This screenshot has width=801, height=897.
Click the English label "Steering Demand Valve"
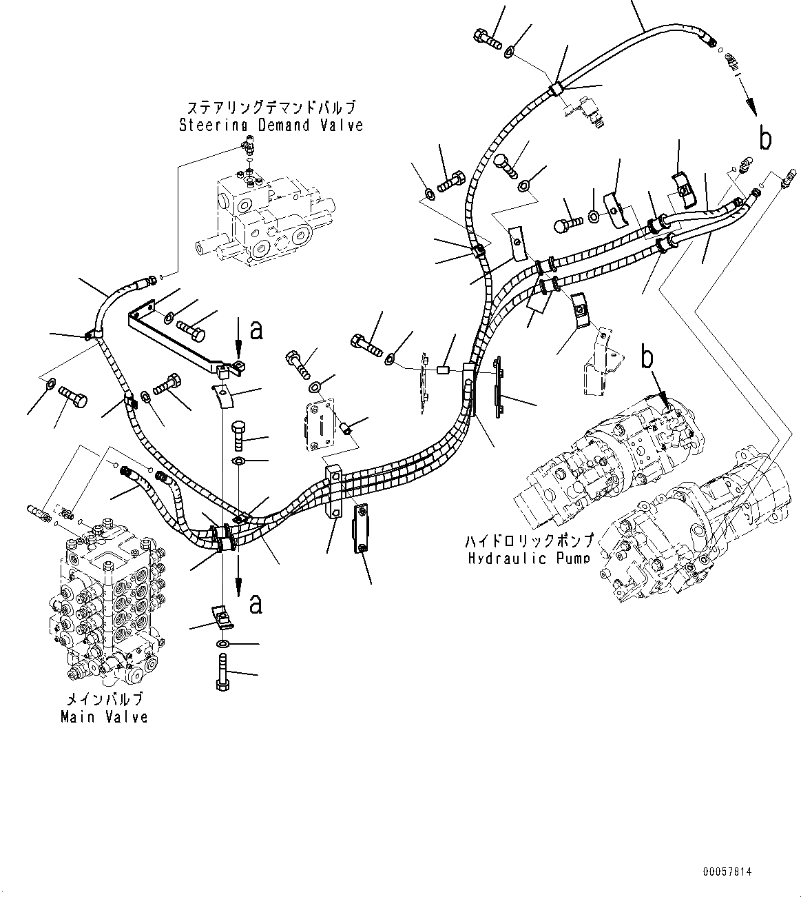point(271,125)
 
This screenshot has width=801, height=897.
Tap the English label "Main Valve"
point(104,717)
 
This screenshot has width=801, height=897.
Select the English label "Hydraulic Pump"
point(528,558)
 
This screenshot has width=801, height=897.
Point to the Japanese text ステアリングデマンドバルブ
point(271,108)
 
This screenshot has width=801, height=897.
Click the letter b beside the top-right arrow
point(765,139)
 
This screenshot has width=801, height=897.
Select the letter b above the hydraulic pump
point(647,358)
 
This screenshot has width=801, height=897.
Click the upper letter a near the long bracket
point(256,332)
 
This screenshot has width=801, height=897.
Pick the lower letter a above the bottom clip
point(256,605)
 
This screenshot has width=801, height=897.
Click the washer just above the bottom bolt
point(224,643)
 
